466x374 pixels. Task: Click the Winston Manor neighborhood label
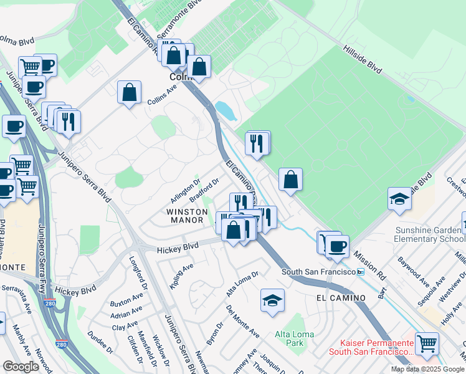tap(185, 216)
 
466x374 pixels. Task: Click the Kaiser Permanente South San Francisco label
tap(377, 348)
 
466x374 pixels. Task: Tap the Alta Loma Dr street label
tap(242, 282)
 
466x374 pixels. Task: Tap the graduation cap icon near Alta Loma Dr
tap(272, 300)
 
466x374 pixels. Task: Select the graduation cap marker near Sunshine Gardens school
tap(399, 199)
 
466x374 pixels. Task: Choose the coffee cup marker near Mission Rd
tap(338, 246)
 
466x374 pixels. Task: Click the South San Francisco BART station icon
tap(360, 272)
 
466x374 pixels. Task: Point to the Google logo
tap(21, 367)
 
